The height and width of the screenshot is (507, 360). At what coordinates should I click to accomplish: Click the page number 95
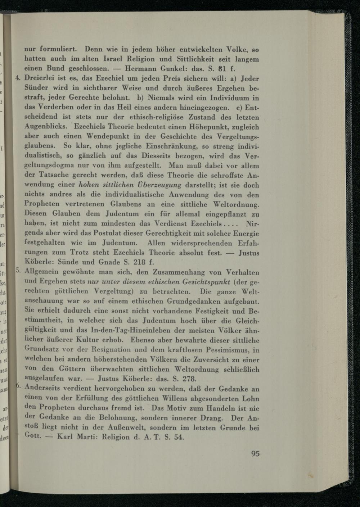pos(255,453)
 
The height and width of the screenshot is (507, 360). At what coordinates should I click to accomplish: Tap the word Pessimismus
pos(227,350)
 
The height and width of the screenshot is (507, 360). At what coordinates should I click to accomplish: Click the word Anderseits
pos(45,389)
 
